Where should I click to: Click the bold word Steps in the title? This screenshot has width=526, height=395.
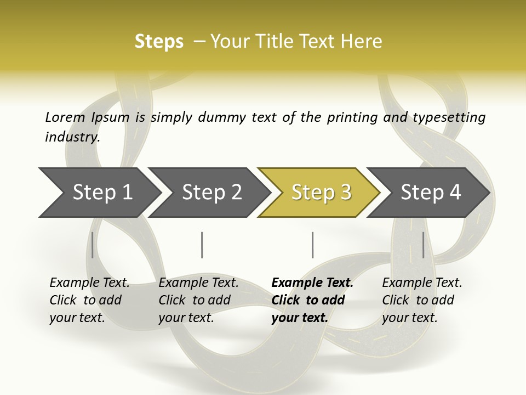coord(159,42)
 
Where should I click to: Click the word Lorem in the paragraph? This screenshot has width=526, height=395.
coord(65,117)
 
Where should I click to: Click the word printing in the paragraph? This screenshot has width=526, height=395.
coord(351,117)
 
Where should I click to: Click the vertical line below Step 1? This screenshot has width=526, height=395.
coord(93,245)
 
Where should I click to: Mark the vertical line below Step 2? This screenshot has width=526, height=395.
coord(202,245)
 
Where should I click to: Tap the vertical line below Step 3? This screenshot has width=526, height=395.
coord(312,245)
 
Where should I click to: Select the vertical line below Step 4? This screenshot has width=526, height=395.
coord(423,245)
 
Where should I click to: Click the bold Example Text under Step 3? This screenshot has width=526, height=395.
coord(312,283)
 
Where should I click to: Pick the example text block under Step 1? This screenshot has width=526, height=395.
coord(89,300)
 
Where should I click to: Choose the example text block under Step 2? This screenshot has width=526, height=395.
coord(198,300)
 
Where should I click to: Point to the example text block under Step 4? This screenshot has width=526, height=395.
coord(422,300)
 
